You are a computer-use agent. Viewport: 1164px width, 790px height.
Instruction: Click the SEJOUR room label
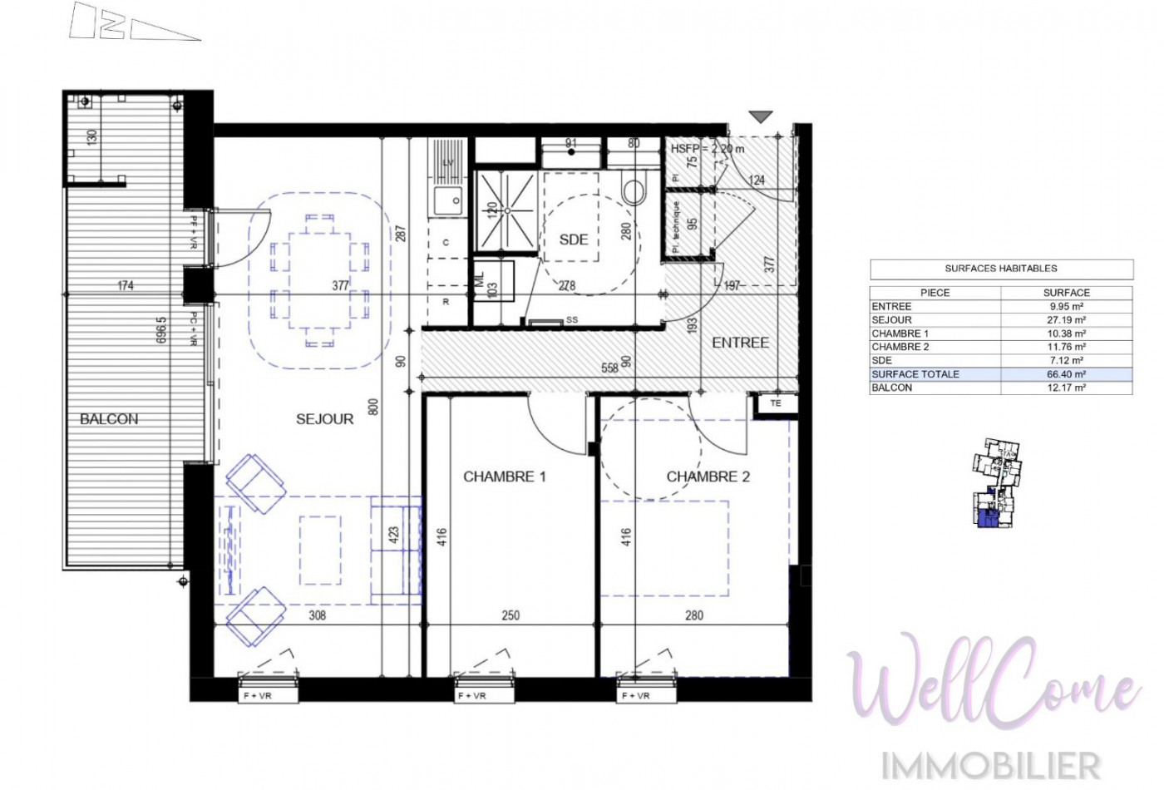click(324, 419)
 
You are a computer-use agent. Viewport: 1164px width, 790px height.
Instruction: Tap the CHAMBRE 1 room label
click(504, 476)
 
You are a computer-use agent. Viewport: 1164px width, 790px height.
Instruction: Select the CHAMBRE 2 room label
click(708, 476)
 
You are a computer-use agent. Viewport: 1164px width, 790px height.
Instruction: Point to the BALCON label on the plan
click(109, 419)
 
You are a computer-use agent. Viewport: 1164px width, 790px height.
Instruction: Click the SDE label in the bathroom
click(574, 239)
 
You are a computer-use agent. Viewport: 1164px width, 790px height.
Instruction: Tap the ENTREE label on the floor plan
click(740, 343)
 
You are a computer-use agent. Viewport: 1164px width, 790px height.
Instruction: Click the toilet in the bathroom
click(634, 191)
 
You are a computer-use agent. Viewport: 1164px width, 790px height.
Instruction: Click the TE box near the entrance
click(776, 404)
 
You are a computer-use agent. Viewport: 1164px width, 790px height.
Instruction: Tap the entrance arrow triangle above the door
click(761, 117)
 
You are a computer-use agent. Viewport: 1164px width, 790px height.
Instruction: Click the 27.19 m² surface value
click(1066, 320)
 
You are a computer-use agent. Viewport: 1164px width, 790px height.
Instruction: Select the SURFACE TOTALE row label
click(915, 374)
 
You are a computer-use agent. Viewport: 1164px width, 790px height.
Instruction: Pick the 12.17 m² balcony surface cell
click(1066, 388)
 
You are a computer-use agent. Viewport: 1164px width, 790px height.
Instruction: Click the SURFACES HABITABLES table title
click(1001, 269)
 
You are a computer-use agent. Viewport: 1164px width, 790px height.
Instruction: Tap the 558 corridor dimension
click(610, 367)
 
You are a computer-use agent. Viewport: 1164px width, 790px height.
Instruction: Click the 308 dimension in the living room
click(317, 615)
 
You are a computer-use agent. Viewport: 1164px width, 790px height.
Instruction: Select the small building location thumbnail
click(995, 484)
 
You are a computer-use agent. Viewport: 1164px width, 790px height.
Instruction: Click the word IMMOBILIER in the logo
click(991, 765)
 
